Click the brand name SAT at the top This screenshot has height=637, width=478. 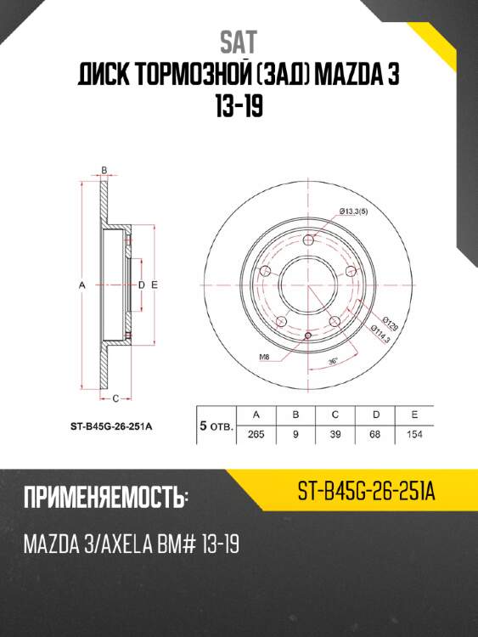click(239, 41)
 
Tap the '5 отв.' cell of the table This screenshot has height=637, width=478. click(216, 426)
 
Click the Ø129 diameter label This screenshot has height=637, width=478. click(391, 324)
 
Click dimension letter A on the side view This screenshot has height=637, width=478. click(82, 285)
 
